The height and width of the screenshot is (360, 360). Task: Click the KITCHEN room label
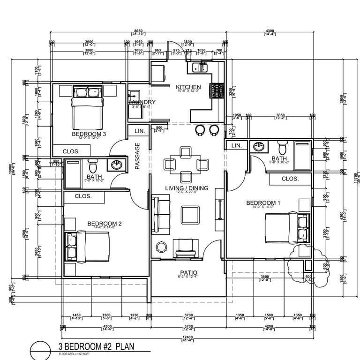[188, 87]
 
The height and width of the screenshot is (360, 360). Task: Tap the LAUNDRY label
[142, 102]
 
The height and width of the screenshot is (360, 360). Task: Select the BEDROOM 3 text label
[89, 134]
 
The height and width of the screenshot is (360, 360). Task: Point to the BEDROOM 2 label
[105, 224]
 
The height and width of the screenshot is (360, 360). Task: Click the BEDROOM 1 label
[263, 203]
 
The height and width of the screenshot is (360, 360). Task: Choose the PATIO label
[188, 273]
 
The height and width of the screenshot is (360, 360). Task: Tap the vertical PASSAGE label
[138, 156]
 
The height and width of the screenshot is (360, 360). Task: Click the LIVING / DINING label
[187, 188]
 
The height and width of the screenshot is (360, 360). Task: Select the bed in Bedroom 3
[88, 111]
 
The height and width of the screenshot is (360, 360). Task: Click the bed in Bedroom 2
[89, 246]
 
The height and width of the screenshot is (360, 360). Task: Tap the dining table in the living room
[186, 164]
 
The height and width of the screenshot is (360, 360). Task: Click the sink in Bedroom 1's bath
[258, 147]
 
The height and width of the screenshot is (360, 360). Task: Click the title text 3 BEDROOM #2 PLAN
[96, 347]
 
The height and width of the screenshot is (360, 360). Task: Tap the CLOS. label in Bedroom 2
[82, 196]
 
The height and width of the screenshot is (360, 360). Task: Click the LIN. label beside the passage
[139, 131]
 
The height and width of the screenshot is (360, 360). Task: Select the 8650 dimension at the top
[138, 30]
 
